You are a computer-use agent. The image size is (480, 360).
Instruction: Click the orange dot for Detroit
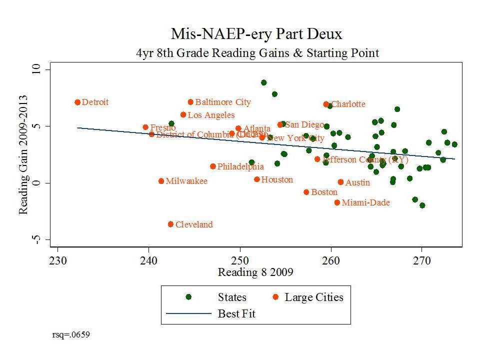[77, 102]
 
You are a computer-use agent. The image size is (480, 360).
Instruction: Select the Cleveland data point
[170, 224]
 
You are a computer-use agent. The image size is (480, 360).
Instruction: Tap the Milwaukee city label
[186, 181]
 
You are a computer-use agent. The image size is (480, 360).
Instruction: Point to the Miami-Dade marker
[337, 202]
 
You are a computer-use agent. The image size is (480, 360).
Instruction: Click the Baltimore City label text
[223, 102]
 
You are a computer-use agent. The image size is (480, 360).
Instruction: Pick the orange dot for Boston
[306, 192]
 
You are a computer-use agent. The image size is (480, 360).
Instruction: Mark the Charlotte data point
[326, 104]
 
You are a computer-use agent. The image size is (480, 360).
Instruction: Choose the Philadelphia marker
[213, 166]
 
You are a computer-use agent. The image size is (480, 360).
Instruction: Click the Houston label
[277, 179]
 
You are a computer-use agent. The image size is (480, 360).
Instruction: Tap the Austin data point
[340, 182]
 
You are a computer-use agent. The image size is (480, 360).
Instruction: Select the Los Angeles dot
[183, 114]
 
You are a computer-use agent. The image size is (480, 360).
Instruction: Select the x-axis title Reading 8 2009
[255, 272]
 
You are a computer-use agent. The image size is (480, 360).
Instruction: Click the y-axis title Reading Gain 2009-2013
[23, 155]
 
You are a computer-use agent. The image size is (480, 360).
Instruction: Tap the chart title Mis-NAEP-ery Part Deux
[257, 34]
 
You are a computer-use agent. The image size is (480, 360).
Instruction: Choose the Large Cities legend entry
[314, 297]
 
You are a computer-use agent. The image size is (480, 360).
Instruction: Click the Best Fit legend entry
[236, 314]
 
